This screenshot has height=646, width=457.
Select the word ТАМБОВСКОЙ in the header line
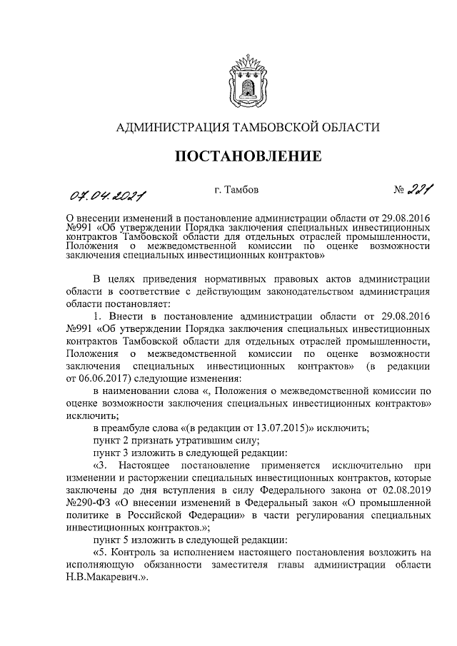[266, 128]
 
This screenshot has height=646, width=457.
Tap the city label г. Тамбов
[236, 191]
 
